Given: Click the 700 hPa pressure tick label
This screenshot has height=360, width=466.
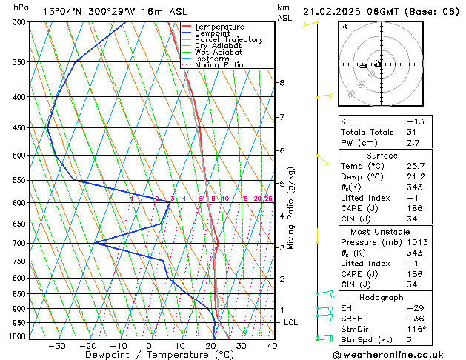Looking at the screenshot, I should (19, 243).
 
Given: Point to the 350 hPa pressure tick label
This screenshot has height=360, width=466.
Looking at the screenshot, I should (19, 62).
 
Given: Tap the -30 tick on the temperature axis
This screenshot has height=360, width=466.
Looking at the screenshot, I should (57, 345).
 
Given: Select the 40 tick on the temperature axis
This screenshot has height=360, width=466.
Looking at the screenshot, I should (272, 345).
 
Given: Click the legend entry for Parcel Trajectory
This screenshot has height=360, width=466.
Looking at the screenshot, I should (228, 40).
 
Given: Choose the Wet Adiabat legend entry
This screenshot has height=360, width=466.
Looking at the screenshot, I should (219, 53).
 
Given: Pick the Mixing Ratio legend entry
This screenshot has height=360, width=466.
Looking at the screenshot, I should (219, 65).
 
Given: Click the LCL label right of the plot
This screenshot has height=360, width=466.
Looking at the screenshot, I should (290, 322).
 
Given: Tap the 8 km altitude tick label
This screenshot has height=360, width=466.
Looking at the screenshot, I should (282, 83).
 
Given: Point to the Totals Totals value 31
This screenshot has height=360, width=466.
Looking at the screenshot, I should (411, 131).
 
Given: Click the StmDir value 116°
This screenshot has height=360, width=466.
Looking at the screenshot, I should (413, 329).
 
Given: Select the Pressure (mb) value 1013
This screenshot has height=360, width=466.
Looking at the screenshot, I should (415, 242).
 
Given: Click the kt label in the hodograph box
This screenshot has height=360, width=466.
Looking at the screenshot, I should (344, 27).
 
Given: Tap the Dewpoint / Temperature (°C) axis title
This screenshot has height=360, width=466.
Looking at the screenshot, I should (160, 355).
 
